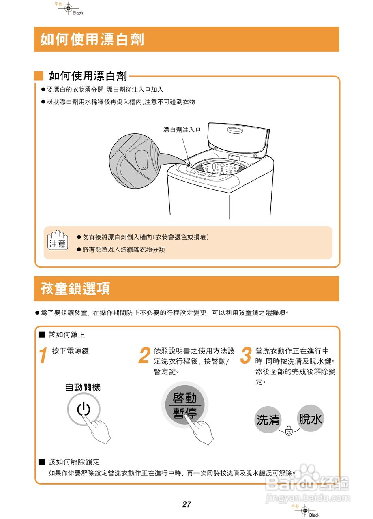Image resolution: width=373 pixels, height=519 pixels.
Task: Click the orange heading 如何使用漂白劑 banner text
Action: [92, 39]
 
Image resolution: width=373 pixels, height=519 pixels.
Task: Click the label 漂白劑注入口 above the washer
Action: [182, 130]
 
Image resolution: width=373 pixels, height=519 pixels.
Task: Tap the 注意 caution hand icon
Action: [58, 240]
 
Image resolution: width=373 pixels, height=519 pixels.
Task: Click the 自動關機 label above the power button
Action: [83, 388]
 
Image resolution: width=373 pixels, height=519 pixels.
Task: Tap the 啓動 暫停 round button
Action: [184, 405]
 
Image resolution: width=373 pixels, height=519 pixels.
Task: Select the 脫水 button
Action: [311, 418]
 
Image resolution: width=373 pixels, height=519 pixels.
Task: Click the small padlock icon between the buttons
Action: [289, 431]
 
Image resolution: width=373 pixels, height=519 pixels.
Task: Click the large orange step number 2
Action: [144, 356]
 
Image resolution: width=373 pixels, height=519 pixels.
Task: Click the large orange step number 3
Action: [246, 356]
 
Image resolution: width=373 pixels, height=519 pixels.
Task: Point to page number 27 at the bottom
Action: [186, 505]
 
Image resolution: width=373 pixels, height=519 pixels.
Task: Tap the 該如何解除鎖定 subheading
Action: [74, 462]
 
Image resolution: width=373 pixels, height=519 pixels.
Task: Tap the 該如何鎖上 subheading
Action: [67, 335]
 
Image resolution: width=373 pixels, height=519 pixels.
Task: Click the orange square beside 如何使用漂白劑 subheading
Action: [39, 76]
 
